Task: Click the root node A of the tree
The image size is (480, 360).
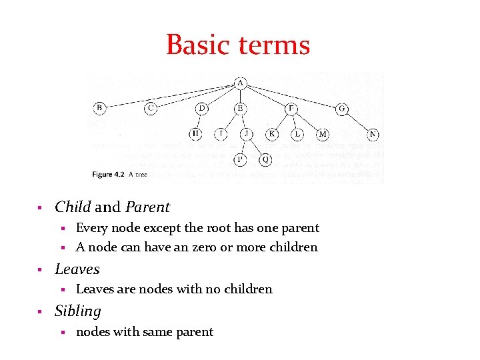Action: coord(240,83)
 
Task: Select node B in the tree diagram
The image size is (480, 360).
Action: coord(99,108)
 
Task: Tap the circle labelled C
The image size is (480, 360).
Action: coord(151,108)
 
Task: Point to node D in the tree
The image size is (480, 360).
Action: coord(202,108)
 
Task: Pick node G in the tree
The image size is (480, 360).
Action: coord(342,108)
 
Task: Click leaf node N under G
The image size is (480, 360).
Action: coord(373,135)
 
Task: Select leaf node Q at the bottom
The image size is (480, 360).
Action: coord(265,159)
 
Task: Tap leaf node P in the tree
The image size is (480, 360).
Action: coord(240,159)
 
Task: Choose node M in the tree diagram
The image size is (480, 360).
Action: coord(323,135)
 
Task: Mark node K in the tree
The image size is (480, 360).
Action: coord(272,135)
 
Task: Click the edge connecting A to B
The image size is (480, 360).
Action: coord(170,95)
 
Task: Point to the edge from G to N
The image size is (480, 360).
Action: coord(357,121)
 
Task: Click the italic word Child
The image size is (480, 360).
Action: coord(73,207)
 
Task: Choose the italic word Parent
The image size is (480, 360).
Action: coord(148,207)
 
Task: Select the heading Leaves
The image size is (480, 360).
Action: coord(77,269)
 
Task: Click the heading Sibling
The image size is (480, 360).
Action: coord(78,311)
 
